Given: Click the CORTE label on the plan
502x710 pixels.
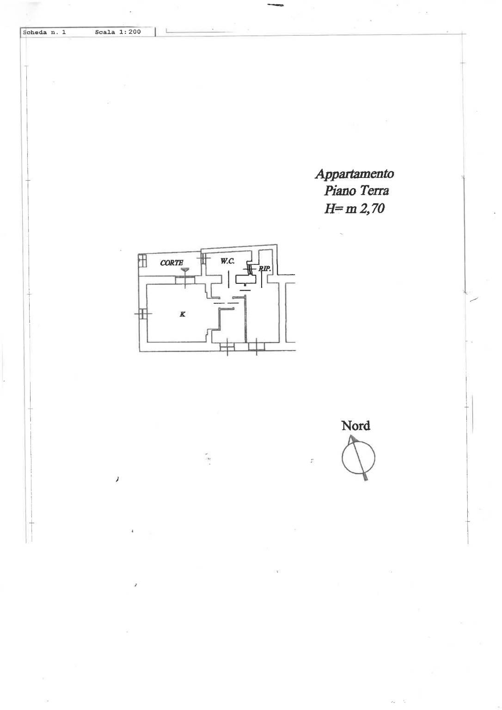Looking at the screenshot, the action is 171,263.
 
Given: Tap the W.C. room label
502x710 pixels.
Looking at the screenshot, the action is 227,261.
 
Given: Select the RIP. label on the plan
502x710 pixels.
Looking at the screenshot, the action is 264,269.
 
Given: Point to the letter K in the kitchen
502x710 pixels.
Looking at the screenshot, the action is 183,314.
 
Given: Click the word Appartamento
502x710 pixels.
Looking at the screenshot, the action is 355,174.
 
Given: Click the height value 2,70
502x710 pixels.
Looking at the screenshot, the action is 372,208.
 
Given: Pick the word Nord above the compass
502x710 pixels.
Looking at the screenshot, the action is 355,426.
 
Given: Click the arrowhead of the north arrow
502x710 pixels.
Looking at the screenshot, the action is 352,439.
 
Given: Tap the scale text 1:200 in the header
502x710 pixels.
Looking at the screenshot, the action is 130,32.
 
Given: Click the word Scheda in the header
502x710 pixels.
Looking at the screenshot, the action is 35,32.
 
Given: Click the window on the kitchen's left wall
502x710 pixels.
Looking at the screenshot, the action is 142,314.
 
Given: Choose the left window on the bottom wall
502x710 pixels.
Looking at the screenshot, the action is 227,347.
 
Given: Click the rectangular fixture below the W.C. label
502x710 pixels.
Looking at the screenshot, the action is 246,279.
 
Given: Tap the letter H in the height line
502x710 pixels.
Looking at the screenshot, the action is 329,208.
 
